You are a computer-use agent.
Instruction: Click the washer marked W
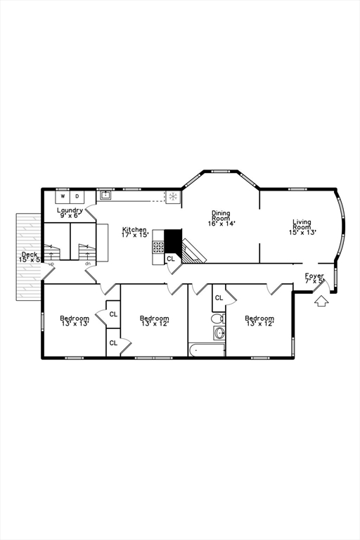point(62,196)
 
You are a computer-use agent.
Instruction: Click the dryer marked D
point(77,196)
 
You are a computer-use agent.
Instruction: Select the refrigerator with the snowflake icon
point(172,196)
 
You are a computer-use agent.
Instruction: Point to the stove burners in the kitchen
point(158,247)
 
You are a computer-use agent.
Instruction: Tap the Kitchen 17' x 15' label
point(135,232)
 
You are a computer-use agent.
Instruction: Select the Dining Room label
point(221,218)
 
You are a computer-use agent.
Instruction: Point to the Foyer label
point(314,278)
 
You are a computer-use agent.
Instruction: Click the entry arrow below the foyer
point(321,301)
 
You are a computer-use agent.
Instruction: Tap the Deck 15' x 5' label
point(30,257)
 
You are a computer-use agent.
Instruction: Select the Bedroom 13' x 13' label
point(74,321)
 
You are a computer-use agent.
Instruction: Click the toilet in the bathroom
point(217,318)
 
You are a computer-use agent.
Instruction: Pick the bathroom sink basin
point(219,333)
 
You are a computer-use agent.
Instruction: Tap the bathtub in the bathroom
point(207,349)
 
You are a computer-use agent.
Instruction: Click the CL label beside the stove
point(170,259)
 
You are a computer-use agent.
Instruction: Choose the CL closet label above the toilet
point(219,297)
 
